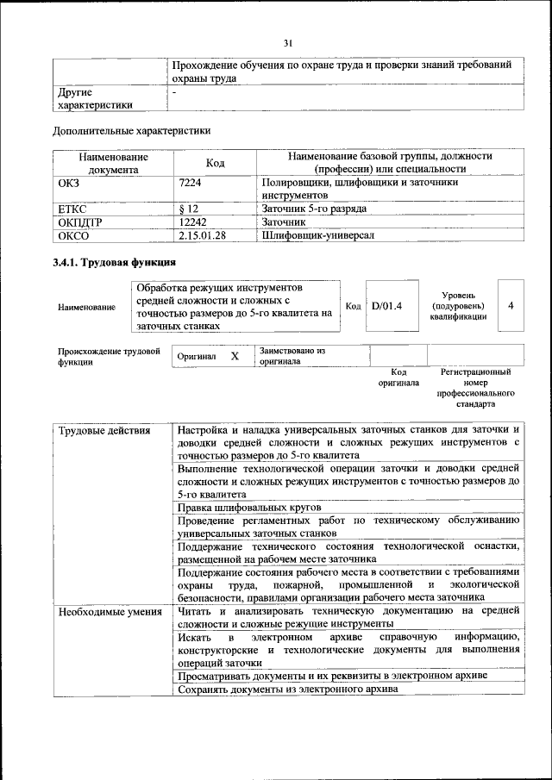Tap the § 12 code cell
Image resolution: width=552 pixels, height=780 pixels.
point(189,209)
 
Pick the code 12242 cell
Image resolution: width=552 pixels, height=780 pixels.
point(193,222)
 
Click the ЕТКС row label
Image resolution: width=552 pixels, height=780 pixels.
point(72,209)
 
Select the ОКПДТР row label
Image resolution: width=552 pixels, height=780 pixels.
point(78,222)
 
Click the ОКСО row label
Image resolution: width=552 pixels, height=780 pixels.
point(73,234)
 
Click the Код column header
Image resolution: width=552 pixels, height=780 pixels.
point(215,164)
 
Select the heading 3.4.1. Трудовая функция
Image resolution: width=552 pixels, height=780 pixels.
point(115,263)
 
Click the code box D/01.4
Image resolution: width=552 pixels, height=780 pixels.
point(387,306)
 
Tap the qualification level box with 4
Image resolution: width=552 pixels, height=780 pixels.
point(511,306)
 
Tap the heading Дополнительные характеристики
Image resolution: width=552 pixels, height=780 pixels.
point(132,131)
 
